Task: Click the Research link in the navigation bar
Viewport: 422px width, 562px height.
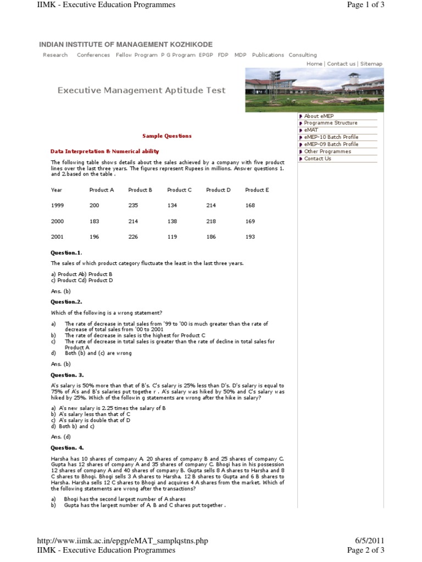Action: [55, 55]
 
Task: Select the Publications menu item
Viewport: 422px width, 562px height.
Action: [268, 55]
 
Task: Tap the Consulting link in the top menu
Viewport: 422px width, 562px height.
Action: [302, 55]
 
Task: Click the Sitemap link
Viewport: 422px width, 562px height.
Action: [371, 64]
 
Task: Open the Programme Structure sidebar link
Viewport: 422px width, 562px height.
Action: [330, 123]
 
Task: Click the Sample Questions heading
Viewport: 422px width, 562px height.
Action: [167, 136]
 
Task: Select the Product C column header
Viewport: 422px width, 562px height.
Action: [179, 190]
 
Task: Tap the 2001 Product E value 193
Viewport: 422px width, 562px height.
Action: [250, 237]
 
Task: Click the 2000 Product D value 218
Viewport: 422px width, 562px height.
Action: [212, 222]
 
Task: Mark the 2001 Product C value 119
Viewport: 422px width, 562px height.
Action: [173, 237]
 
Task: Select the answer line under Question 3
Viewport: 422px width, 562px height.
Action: [61, 437]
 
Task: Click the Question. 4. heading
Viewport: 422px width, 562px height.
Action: [67, 447]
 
